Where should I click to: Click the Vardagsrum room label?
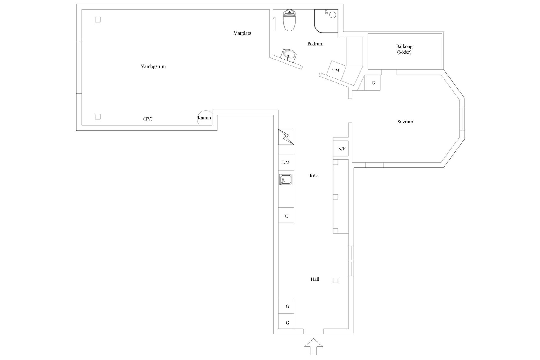coord(153,67)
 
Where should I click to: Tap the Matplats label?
coord(242,33)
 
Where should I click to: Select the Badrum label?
coord(315,44)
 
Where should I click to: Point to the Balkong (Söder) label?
coord(404,49)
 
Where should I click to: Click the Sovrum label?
coord(405,122)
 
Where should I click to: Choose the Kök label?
coord(314,176)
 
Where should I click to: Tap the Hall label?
coord(315,279)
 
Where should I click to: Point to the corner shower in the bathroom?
coord(326,21)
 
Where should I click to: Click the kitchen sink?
coord(286,179)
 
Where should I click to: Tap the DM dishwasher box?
coord(286,162)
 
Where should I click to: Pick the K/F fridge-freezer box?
coord(341,148)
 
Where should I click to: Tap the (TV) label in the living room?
coord(148,119)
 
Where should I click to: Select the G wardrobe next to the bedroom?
coord(372,83)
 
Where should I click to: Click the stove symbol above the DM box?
coord(286,137)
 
